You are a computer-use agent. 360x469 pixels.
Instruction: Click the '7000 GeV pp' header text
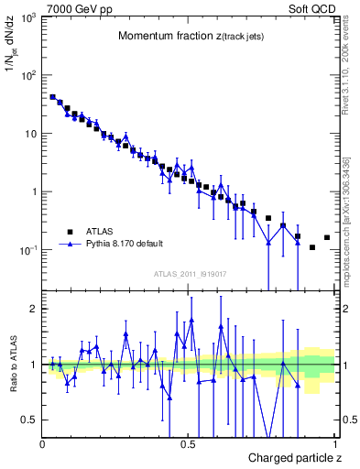click(72, 7)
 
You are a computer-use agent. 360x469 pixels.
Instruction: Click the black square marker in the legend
click(69, 231)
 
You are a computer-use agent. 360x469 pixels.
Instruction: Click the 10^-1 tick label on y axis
click(26, 250)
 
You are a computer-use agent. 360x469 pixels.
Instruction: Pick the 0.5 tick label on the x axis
click(189, 444)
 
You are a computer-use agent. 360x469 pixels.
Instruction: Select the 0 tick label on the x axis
click(43, 444)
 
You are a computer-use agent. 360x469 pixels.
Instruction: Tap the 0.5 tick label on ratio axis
click(30, 420)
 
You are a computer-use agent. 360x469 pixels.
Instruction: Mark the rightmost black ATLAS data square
click(327, 237)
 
